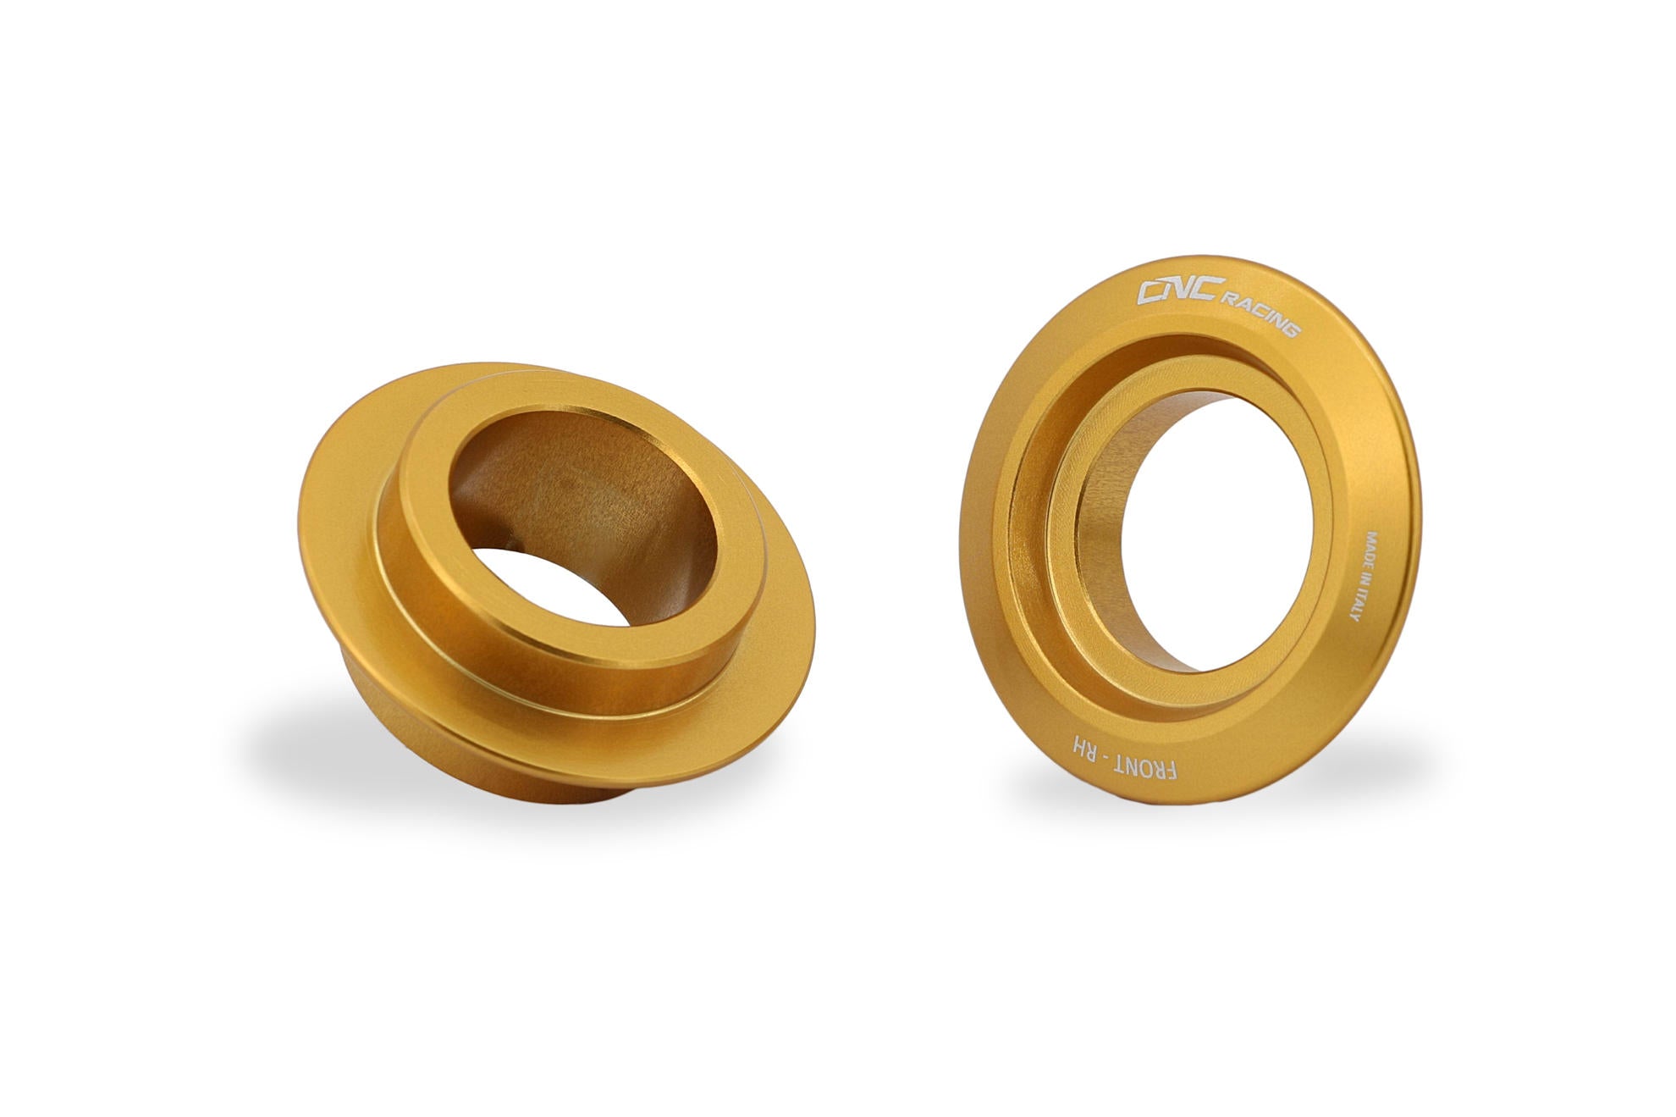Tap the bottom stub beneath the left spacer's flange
click(525, 783)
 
